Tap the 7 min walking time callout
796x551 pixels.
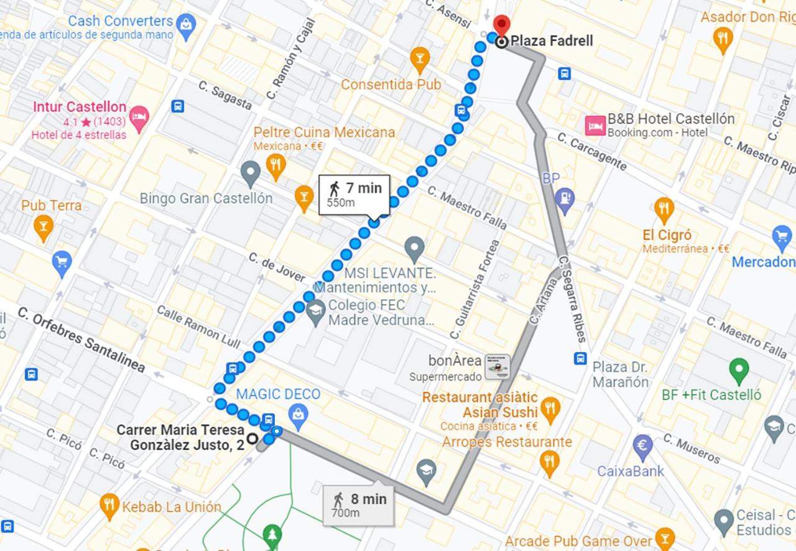click(x=354, y=193)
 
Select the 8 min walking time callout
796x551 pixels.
click(x=358, y=504)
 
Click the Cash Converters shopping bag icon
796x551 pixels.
click(x=185, y=24)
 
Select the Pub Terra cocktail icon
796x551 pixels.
click(x=43, y=227)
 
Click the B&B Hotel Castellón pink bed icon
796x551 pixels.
click(x=595, y=125)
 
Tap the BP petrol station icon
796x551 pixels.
click(x=565, y=199)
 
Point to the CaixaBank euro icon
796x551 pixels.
click(x=642, y=445)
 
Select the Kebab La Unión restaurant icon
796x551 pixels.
click(x=109, y=506)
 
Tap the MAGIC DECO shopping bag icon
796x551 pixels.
click(x=298, y=415)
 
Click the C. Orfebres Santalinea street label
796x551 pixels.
click(x=81, y=340)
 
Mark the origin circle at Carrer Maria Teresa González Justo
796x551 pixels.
click(x=252, y=438)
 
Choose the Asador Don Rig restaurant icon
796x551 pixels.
click(x=722, y=39)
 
